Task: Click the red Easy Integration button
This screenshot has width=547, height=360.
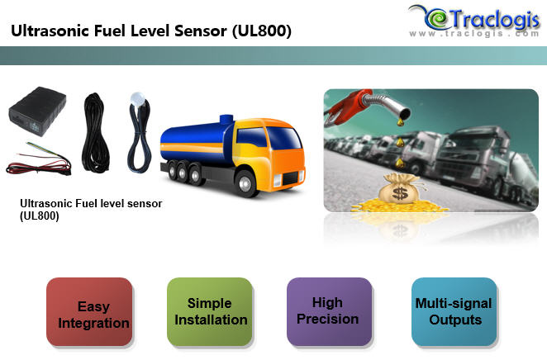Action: point(89,311)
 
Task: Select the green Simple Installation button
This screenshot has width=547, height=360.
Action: point(210,311)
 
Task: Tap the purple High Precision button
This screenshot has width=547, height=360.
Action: point(330,311)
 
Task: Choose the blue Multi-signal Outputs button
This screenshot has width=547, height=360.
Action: point(454,311)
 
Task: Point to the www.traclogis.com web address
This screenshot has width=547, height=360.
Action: point(474,34)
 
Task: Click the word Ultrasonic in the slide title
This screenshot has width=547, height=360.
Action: point(50,31)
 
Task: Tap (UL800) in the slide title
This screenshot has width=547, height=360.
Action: point(262,31)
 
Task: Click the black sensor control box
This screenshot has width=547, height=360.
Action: point(37,110)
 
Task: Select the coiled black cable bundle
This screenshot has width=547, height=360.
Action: point(93,132)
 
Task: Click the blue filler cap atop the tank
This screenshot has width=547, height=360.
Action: point(226,119)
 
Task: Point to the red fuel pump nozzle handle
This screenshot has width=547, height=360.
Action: point(340,107)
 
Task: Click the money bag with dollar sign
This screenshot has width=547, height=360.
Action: point(400,189)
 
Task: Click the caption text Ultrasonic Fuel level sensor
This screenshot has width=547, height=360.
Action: point(91,203)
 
